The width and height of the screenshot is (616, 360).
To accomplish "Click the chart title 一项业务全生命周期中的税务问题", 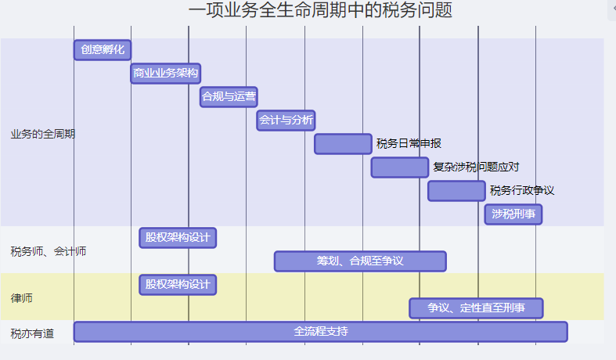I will [x=320, y=10].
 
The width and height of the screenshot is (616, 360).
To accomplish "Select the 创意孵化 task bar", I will [x=103, y=50].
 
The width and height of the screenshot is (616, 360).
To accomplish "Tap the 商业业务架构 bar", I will [x=166, y=74].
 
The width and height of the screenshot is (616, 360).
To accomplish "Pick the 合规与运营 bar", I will [x=229, y=97].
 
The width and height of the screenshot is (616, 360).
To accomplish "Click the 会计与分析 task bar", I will [x=286, y=121].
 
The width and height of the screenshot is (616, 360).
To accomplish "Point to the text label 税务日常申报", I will [x=409, y=143].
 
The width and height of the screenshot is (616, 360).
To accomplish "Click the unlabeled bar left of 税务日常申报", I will [x=343, y=144].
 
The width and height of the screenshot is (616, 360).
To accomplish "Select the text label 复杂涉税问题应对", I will [x=476, y=167].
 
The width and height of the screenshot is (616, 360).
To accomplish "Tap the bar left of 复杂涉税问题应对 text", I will [x=400, y=167].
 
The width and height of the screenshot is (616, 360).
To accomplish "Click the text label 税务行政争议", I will [x=522, y=190].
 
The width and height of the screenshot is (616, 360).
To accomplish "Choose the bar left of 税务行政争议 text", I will [x=456, y=191].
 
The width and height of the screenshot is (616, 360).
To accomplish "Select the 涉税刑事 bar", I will [x=513, y=214].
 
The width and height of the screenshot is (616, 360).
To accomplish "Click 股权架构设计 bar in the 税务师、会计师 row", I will [x=178, y=238].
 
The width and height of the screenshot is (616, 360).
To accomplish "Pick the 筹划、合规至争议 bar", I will [x=360, y=261].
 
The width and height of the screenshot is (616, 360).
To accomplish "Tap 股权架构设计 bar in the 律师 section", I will [x=178, y=285].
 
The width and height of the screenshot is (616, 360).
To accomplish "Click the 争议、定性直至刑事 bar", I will [x=476, y=308].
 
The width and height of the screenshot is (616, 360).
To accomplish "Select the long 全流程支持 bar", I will [x=320, y=332].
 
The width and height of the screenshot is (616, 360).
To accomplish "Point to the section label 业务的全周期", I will [x=43, y=134].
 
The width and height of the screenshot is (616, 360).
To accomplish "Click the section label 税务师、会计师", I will [x=49, y=251].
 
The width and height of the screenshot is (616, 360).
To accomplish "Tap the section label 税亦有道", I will [x=33, y=333].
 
